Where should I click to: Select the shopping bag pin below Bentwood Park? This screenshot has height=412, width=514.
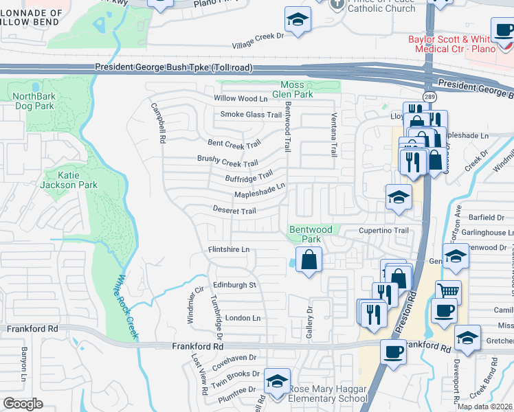click(x=309, y=260)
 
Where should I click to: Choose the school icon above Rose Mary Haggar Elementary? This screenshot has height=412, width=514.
click(x=277, y=380)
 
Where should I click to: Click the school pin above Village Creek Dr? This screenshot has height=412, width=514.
click(x=298, y=20)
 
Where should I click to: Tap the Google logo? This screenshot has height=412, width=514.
click(x=23, y=403)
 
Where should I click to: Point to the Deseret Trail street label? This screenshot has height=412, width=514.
click(x=234, y=210)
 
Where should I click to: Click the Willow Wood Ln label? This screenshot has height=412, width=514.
click(x=240, y=99)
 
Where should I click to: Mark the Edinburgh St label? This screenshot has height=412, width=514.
click(x=234, y=284)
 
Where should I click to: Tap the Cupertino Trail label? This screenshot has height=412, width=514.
click(x=383, y=231)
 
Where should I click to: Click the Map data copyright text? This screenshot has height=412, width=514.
click(x=484, y=407)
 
